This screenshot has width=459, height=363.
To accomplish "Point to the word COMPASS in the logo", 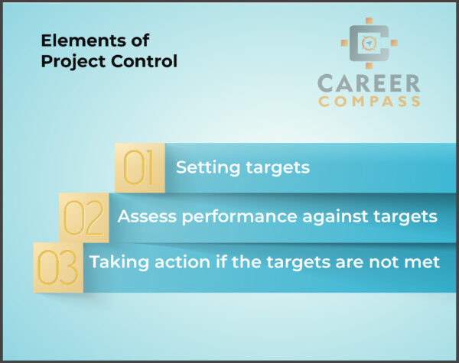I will pos(370,101).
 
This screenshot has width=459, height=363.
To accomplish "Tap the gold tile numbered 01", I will pos(139,167).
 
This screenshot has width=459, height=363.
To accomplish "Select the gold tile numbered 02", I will pos(84,216).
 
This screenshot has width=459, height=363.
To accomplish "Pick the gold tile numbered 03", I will pos(57,267).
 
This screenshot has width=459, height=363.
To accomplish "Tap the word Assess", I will pos(144,216).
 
